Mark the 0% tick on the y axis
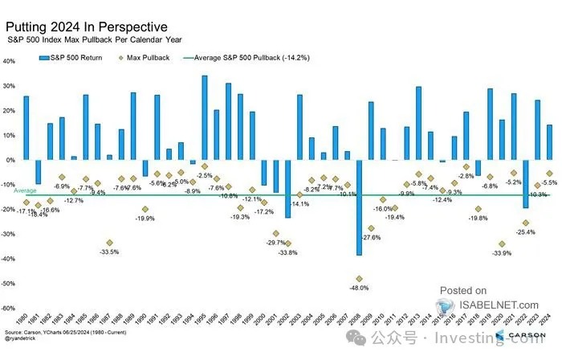point(10,160)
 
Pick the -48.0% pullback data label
point(359,288)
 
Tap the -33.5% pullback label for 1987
point(109,252)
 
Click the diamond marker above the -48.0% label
point(359,279)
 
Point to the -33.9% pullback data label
point(502,253)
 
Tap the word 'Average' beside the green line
point(25,190)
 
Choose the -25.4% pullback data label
point(525,231)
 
